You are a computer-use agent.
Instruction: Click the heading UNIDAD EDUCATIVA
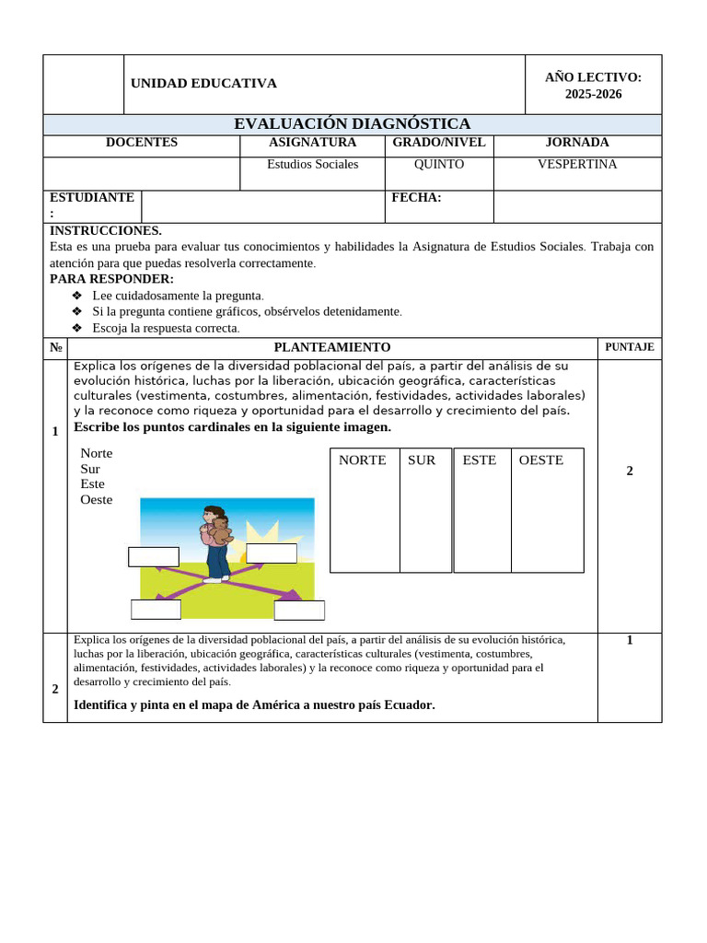203,84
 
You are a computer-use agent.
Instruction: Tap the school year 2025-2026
593,94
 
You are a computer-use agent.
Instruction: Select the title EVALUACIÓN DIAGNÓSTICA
352,123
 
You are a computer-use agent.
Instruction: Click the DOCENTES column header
142,143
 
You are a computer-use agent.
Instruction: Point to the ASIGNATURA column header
312,143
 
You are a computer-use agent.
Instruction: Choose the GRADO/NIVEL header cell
438,143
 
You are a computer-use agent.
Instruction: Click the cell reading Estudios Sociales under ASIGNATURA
312,165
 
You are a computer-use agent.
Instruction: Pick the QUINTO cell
438,165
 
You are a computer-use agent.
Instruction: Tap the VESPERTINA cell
577,165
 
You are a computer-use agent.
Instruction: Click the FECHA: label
416,198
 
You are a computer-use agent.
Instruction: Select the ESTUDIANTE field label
91,198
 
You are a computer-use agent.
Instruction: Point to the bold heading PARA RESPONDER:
111,279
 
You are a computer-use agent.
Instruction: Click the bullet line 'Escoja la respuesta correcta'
166,328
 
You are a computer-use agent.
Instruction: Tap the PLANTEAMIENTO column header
331,347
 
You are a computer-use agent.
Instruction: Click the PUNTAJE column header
629,347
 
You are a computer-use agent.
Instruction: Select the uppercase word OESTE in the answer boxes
540,460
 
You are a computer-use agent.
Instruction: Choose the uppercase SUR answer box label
422,460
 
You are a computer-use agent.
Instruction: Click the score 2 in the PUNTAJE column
630,471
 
